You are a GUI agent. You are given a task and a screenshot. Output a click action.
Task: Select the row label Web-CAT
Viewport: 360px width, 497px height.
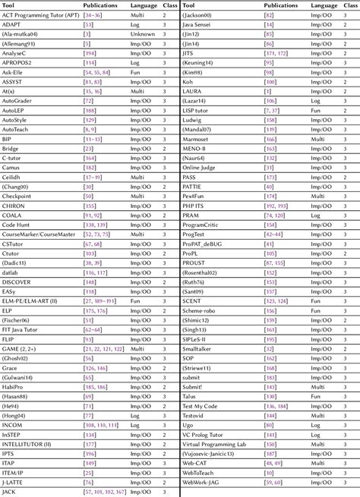point(197,463)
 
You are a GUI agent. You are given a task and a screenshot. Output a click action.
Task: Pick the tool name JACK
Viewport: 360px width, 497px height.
point(10,492)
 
